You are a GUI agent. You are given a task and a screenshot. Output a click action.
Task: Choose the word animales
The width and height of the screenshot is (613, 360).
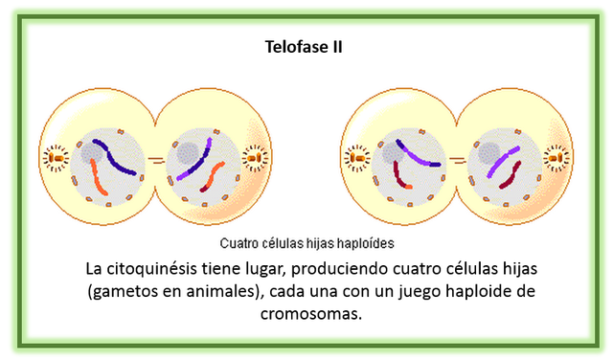coord(214,290)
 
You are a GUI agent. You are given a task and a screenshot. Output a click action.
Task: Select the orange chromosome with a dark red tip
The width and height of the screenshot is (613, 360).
coord(213,177)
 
